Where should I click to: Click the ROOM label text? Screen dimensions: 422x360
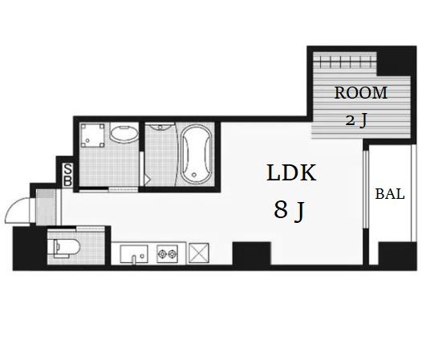361,93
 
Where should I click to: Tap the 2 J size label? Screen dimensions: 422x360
356,120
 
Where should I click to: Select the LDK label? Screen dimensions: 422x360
291,172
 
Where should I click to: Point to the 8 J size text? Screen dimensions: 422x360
289,211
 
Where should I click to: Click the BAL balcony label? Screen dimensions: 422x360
390,194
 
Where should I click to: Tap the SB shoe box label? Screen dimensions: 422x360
67,175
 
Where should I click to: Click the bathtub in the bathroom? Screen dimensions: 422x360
196,155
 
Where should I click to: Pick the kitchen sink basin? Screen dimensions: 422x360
134,253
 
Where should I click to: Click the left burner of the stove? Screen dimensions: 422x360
162,253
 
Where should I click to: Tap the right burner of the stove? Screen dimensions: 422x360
172,253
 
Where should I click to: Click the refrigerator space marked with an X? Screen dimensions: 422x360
199,253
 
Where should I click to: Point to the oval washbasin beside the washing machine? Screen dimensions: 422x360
124,134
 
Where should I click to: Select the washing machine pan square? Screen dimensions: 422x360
92,136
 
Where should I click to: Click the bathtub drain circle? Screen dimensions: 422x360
194,175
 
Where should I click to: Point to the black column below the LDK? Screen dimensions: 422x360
251,253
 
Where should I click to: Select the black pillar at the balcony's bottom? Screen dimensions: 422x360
397,253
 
